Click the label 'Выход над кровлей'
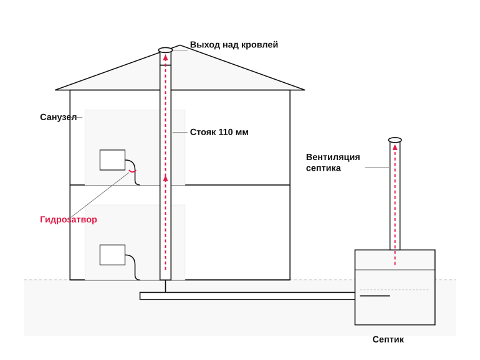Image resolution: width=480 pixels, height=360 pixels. (x=234, y=45)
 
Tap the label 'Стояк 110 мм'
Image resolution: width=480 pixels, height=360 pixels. (x=219, y=132)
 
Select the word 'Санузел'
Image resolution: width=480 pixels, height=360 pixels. (x=58, y=117)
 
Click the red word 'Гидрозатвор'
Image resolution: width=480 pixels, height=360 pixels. (x=69, y=219)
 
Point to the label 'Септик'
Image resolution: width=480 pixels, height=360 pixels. (x=388, y=339)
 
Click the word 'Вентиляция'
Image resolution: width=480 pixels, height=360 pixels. (x=333, y=157)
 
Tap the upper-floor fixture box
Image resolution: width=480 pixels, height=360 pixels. (x=112, y=160)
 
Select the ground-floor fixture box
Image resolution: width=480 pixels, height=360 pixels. (x=112, y=255)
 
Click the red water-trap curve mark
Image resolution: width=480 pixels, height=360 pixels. (x=132, y=171)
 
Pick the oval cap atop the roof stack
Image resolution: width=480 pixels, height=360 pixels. (x=165, y=50)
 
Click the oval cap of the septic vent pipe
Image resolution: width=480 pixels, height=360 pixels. (x=395, y=140)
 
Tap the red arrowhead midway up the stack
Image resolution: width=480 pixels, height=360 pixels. (x=166, y=178)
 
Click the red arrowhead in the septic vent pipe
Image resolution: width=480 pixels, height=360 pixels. (x=395, y=147)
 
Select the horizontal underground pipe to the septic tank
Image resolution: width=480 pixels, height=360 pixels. (x=247, y=296)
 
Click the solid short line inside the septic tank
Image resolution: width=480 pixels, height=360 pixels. (x=375, y=296)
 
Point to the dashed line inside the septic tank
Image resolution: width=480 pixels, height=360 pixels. (x=394, y=290)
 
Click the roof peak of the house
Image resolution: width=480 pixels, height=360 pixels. (x=180, y=45)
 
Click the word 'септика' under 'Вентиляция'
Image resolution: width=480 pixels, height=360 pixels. (x=324, y=168)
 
